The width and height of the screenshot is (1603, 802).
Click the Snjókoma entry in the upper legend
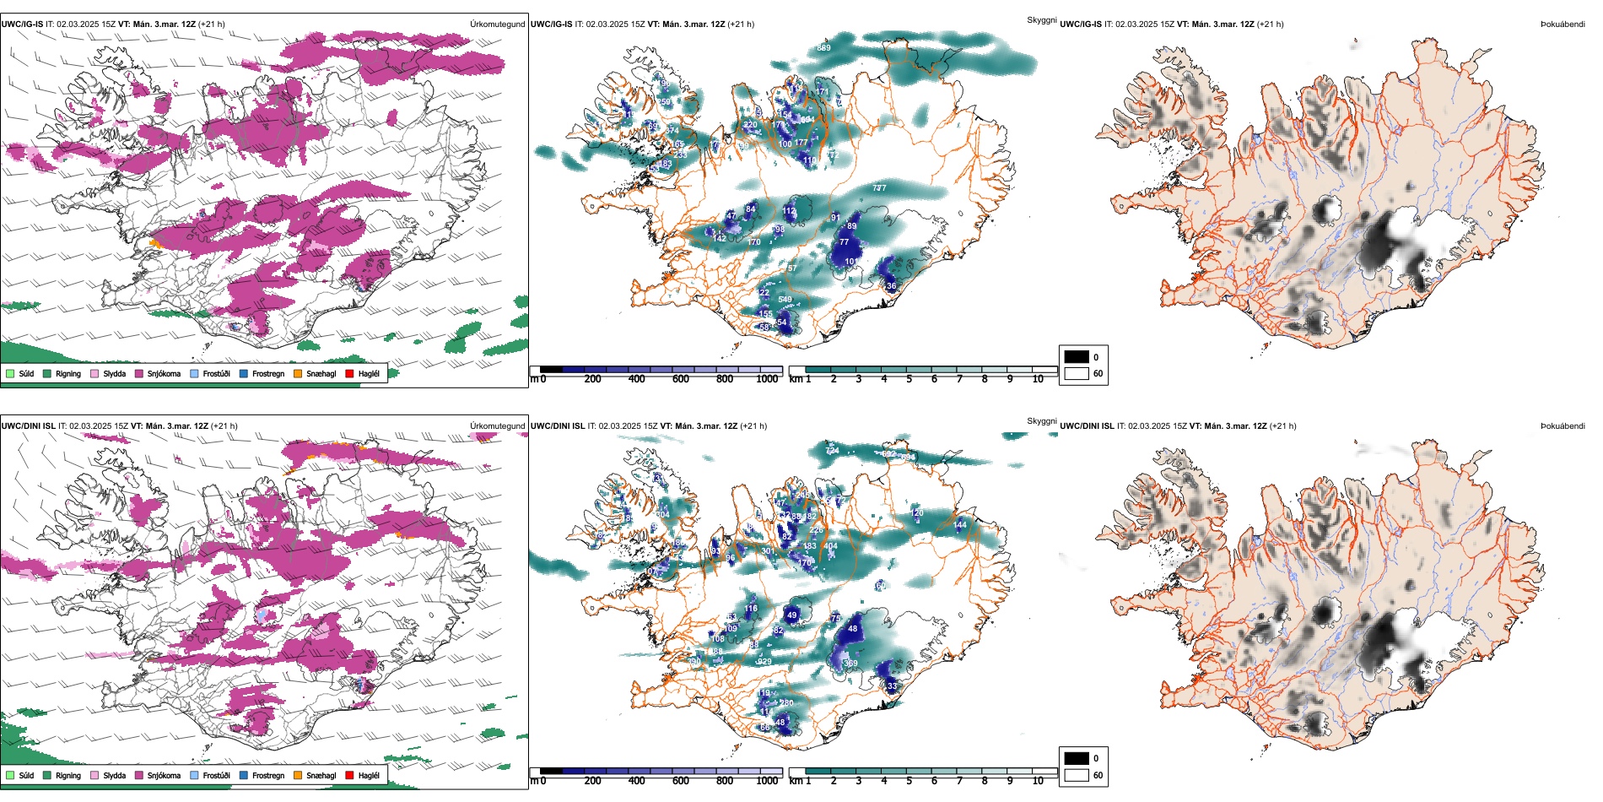pos(164,373)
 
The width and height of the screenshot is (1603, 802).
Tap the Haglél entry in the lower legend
pos(369,775)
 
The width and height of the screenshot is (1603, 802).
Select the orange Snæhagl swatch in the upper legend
pos(298,373)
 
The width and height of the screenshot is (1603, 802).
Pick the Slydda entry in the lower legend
pos(114,775)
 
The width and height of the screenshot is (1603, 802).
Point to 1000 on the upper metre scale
pos(767,379)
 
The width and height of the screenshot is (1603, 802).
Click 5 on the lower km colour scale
pos(909,781)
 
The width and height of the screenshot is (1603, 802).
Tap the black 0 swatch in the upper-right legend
pos(1077,357)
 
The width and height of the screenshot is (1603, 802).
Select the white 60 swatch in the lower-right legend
pos(1077,775)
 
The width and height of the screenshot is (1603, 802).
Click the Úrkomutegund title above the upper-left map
pos(497,24)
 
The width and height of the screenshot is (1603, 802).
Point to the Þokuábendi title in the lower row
pos(1563,426)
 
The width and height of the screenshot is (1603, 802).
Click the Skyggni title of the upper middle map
pos(1041,20)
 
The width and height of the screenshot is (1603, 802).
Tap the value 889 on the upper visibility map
pos(823,48)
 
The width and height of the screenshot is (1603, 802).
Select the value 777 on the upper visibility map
pos(879,188)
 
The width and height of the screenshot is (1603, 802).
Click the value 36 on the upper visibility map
pos(892,286)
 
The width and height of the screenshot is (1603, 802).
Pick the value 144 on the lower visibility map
pos(960,525)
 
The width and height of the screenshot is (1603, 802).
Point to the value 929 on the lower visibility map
pos(764,662)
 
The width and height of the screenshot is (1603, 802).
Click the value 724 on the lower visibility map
pos(832,451)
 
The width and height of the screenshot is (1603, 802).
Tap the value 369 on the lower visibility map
pos(851,664)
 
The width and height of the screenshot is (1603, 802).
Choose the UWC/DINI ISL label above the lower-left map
pos(28,426)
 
